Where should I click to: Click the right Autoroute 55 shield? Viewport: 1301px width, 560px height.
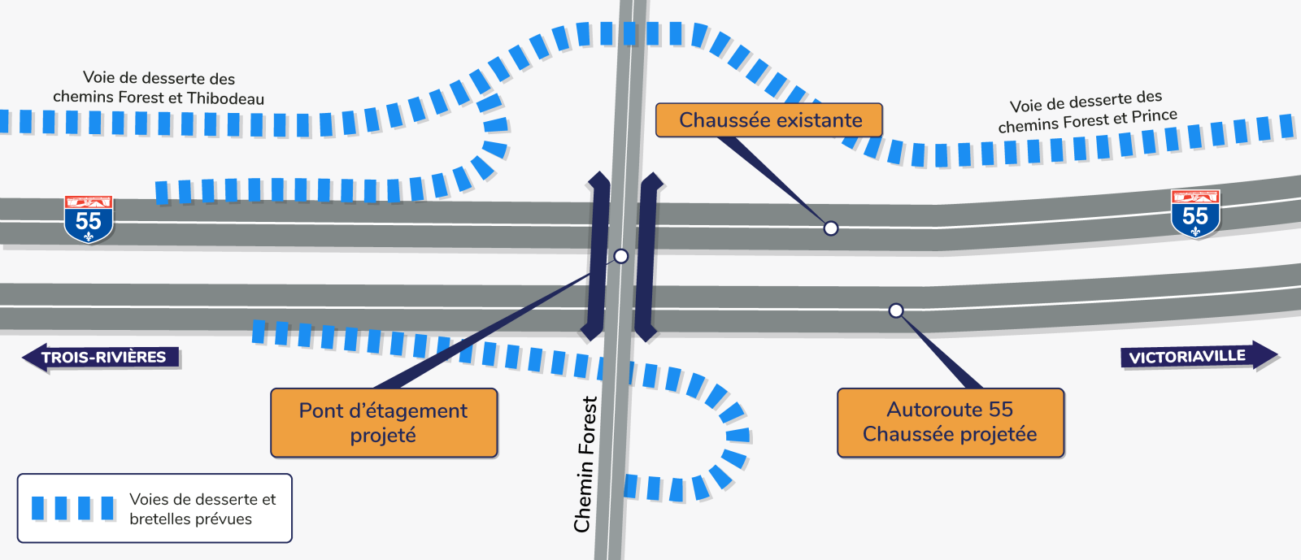[x=1195, y=214]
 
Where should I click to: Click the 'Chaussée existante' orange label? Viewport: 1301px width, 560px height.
[x=769, y=120]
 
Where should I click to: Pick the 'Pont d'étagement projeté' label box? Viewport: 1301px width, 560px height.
[x=384, y=423]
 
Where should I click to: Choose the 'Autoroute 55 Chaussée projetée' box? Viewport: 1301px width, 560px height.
[x=950, y=422]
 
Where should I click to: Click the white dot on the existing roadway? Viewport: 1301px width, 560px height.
[x=830, y=228]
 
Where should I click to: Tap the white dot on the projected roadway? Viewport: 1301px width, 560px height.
[x=895, y=310]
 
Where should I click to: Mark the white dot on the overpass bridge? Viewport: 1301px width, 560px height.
[x=621, y=256]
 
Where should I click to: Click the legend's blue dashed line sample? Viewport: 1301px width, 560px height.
[x=73, y=508]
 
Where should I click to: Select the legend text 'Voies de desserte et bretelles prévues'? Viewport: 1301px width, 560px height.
[x=202, y=509]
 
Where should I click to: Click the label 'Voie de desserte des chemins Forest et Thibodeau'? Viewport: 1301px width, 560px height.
[x=159, y=89]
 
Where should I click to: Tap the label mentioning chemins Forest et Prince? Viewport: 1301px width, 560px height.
[x=1086, y=112]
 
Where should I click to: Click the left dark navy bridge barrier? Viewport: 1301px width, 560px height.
[x=598, y=256]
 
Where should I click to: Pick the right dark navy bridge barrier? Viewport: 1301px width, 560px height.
[x=647, y=256]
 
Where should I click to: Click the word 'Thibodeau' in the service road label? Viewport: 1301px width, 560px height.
[x=225, y=99]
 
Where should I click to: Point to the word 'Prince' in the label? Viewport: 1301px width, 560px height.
[x=1154, y=116]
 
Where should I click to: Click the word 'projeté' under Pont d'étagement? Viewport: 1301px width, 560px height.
[x=383, y=436]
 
